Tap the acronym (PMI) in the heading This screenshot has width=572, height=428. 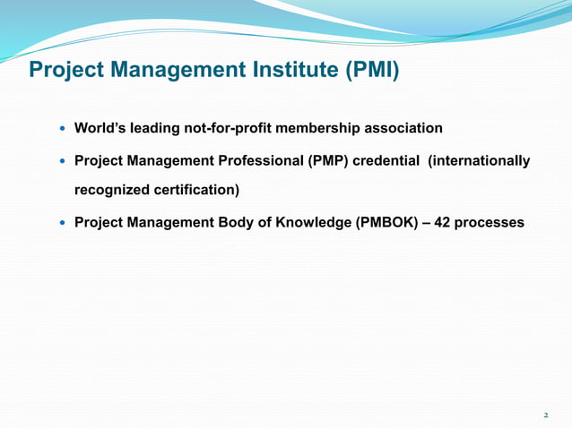click(x=371, y=70)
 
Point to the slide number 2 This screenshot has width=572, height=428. click(x=545, y=415)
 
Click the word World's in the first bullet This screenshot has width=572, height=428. click(x=100, y=128)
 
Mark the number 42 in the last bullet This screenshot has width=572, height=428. click(x=442, y=221)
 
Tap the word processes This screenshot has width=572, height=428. click(x=490, y=221)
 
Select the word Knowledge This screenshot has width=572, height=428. click(x=314, y=221)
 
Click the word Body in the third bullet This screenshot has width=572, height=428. click(x=237, y=221)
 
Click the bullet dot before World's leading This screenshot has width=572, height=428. click(x=62, y=129)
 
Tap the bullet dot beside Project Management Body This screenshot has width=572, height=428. click(x=62, y=222)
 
